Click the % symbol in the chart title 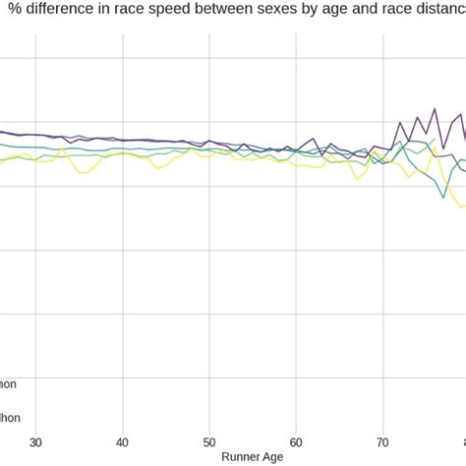[x=16, y=12]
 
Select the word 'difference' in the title [x=60, y=12]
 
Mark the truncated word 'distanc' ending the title [x=437, y=12]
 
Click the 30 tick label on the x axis [x=35, y=441]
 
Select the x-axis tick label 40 [x=122, y=441]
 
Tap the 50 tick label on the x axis [x=209, y=441]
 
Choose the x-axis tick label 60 [x=296, y=441]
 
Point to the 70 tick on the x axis [x=382, y=441]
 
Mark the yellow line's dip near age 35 [x=84, y=174]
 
